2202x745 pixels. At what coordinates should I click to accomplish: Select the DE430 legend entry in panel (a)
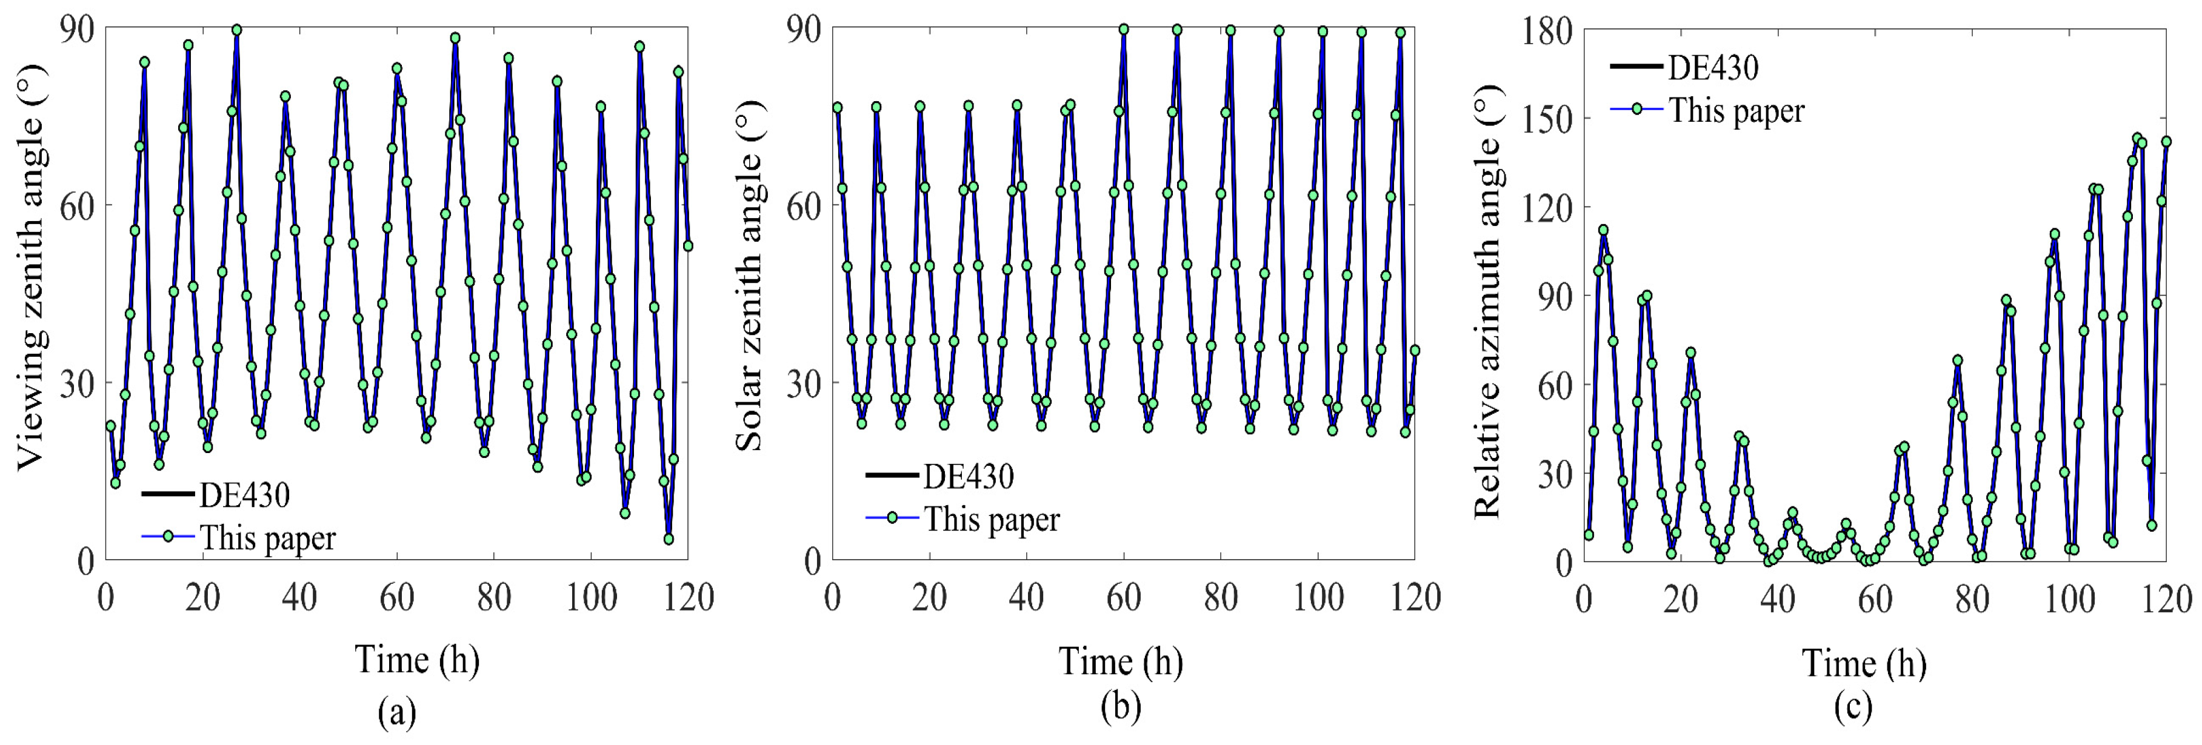point(244,495)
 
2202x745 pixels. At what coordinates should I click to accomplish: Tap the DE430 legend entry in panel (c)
point(1713,67)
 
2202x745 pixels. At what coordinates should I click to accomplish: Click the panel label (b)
point(1121,707)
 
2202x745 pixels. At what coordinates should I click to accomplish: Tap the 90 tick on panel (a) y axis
point(78,29)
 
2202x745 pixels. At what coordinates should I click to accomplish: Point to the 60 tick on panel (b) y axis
point(802,206)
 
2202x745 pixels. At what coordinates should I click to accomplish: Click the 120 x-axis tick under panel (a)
point(687,597)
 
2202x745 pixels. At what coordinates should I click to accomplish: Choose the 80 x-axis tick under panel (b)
point(1221,597)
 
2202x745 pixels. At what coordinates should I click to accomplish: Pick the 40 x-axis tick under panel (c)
point(1778,599)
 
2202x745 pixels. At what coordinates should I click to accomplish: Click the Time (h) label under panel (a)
point(417,660)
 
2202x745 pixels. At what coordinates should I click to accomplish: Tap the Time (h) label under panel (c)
point(1864,663)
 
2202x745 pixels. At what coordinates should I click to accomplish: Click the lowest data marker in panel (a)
point(669,539)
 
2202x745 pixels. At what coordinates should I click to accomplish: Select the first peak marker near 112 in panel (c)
point(1603,230)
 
